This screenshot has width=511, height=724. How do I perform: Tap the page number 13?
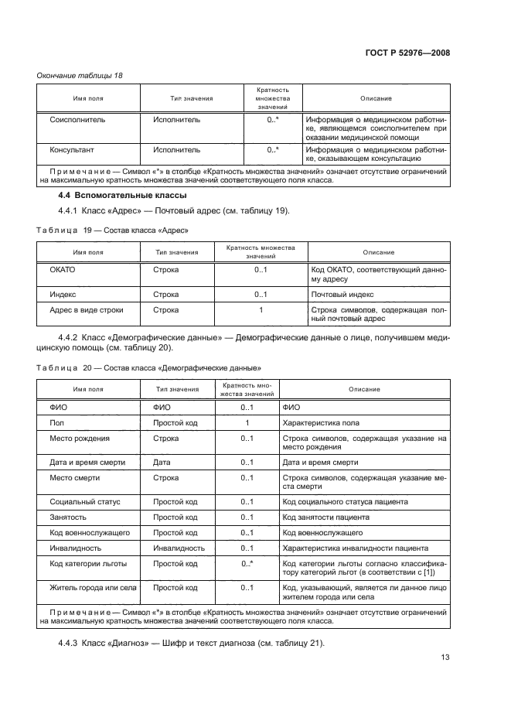(445, 657)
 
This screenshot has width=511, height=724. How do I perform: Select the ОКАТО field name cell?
(63, 270)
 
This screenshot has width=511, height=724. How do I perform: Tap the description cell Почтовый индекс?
(342, 295)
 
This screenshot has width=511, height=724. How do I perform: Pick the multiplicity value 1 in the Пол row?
(247, 423)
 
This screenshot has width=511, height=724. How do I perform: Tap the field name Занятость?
(68, 517)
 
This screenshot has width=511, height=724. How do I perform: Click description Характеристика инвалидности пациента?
(350, 548)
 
